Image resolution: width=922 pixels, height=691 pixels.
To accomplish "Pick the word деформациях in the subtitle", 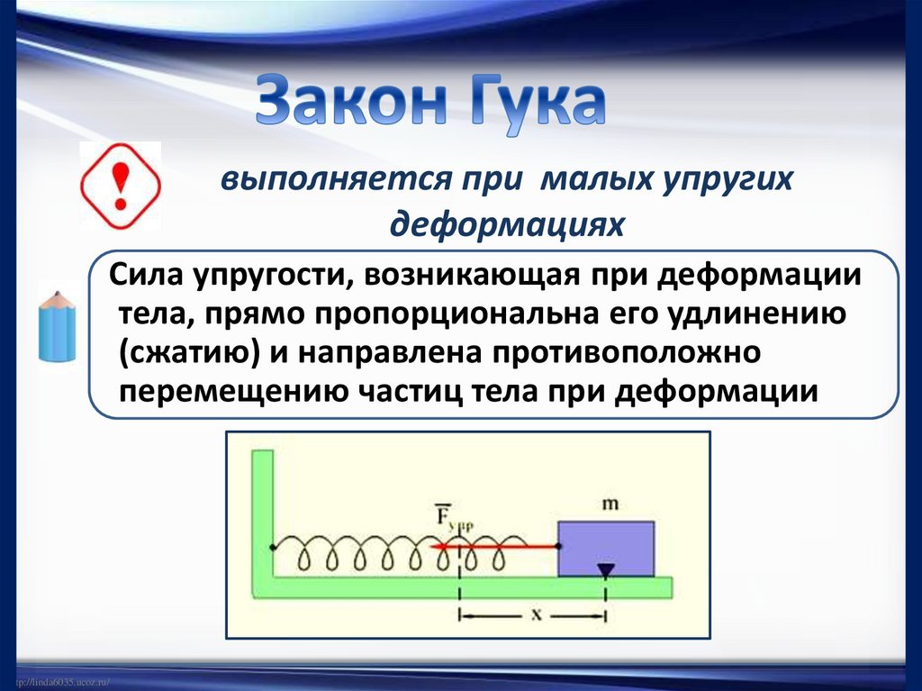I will click(506, 222).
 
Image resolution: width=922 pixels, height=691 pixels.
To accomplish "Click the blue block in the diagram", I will click(605, 548).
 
